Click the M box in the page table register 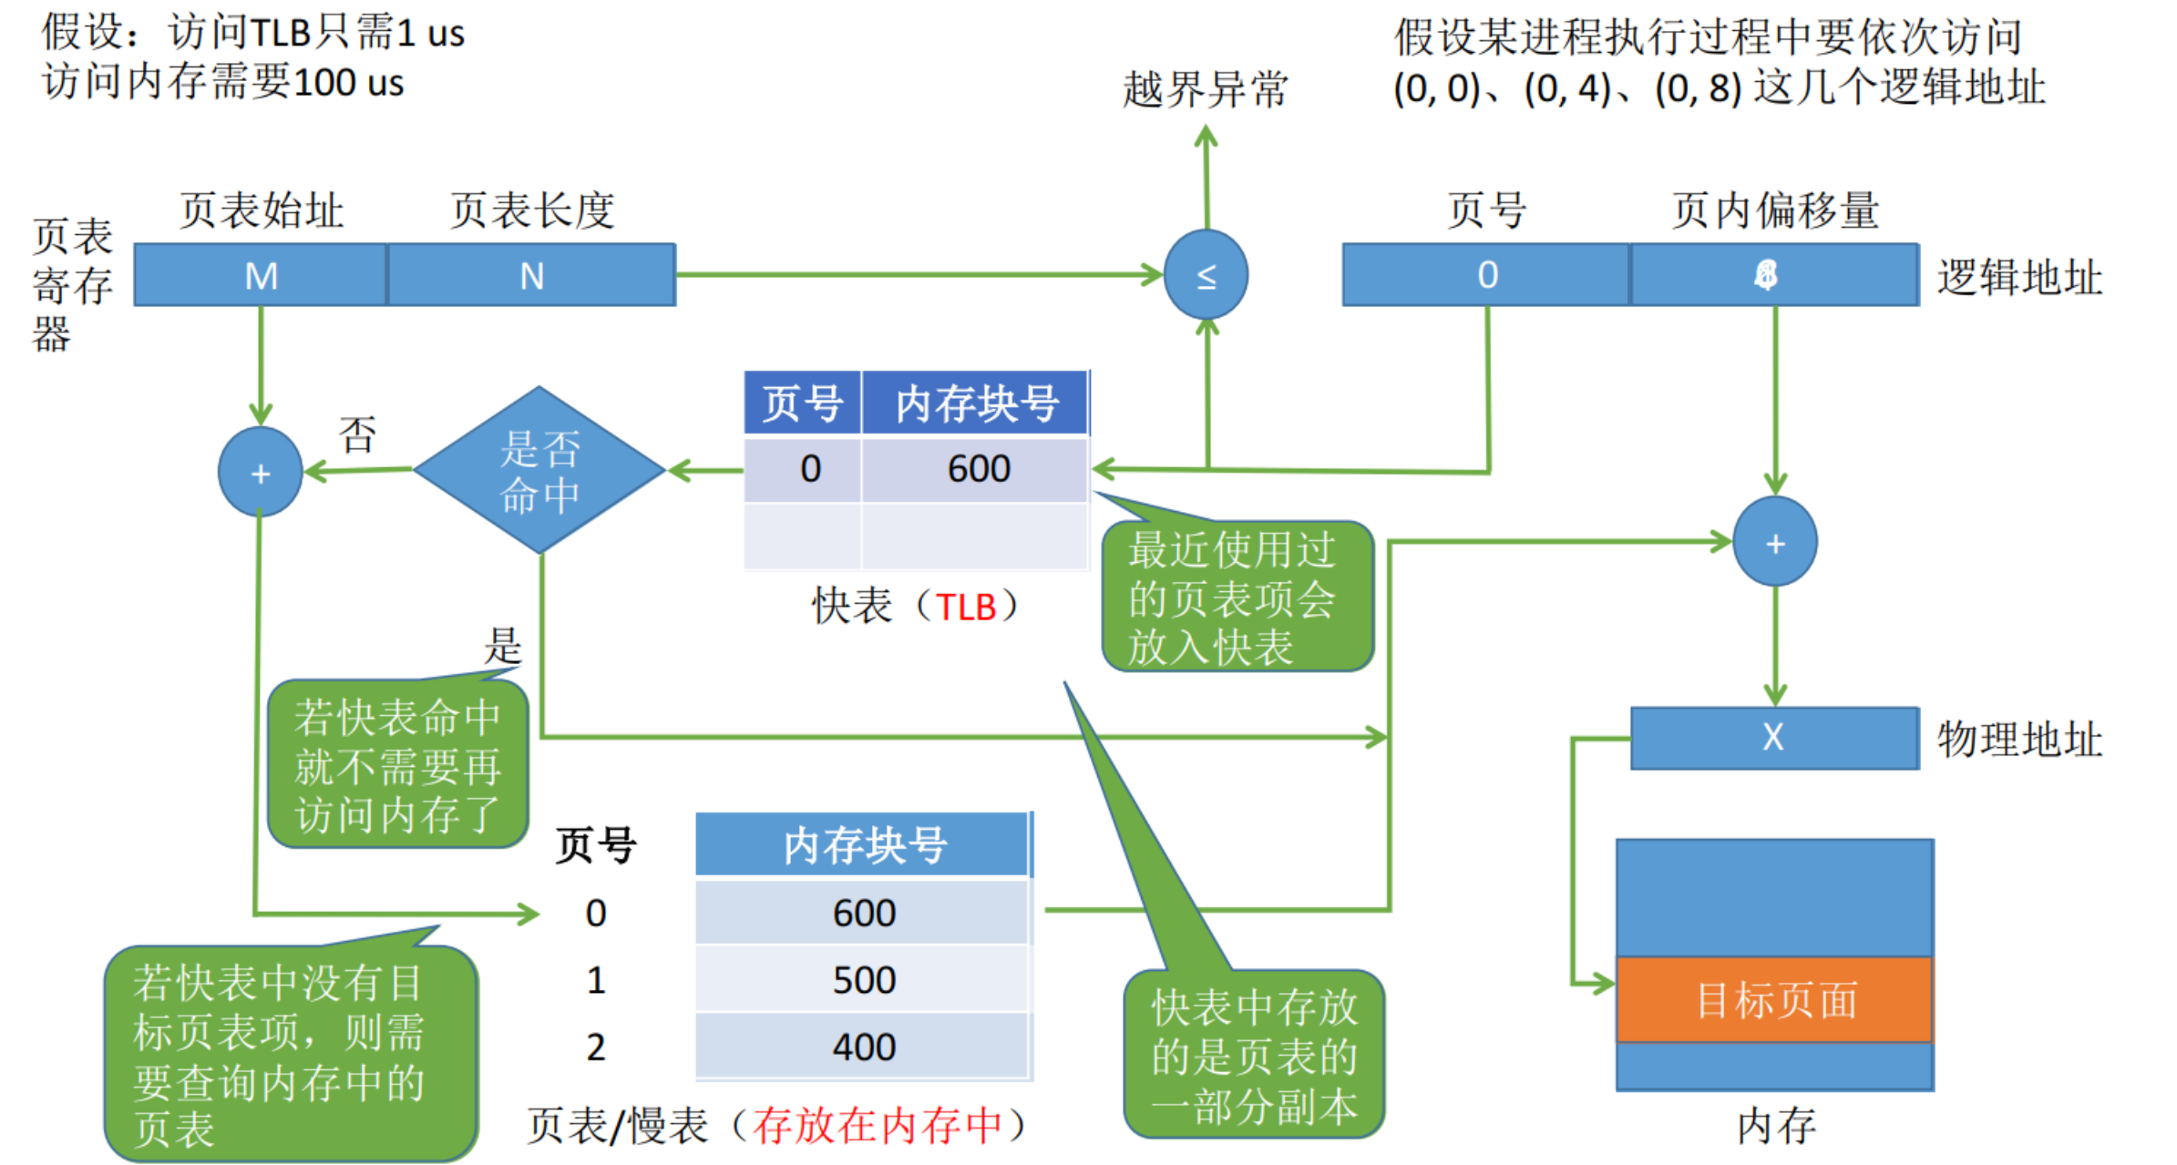[261, 275]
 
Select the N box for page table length [531, 275]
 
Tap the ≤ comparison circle [1206, 274]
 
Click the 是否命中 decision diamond [539, 470]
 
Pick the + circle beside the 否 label [261, 473]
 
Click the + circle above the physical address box [1774, 543]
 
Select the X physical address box [1773, 738]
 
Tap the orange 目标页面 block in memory [1774, 999]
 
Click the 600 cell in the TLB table [978, 469]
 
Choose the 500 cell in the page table [863, 980]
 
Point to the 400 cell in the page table [863, 1047]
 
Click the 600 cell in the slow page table [863, 913]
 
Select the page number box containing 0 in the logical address [1486, 275]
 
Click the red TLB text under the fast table [966, 608]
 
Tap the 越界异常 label [1205, 89]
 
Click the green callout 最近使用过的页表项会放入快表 [1236, 598]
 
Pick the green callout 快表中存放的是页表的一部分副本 [1254, 1055]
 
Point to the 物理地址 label [2019, 739]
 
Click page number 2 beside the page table [595, 1047]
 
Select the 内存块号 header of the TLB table [976, 404]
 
